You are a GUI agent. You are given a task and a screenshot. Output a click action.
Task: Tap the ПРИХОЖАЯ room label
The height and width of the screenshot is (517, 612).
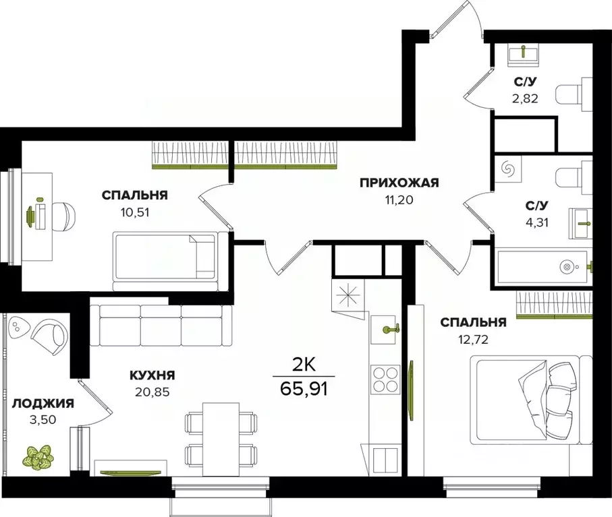[399, 182]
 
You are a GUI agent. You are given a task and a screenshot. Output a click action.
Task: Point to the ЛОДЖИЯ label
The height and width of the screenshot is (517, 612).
[43, 404]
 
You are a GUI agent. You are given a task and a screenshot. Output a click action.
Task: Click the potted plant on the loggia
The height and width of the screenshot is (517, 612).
[39, 456]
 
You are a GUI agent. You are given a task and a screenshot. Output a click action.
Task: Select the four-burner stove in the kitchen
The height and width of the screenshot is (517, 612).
[383, 377]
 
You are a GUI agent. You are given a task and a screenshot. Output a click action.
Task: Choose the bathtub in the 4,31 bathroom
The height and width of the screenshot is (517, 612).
[544, 267]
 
